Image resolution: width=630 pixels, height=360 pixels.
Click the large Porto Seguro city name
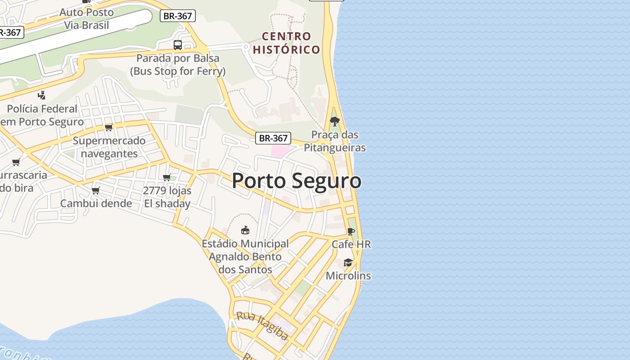pos(297,181)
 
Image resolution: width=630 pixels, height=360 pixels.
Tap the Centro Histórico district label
pos(286,43)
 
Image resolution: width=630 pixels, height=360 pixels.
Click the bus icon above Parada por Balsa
pos(178,45)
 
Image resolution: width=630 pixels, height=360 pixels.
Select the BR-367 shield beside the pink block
pos(273,138)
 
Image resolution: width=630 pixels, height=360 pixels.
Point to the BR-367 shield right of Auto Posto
pos(178,16)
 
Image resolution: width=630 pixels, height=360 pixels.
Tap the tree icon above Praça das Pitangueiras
pos(334,121)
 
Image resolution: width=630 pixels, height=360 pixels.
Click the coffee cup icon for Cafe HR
pos(351,232)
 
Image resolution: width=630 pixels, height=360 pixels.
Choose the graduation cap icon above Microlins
pos(348,262)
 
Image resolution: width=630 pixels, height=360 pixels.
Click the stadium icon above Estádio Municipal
pos(245,230)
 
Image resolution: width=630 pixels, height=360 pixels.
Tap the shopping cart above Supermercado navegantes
pos(108,127)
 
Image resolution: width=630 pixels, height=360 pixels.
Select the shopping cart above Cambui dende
pos(95,190)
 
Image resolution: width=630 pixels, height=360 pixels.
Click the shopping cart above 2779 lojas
pos(167,177)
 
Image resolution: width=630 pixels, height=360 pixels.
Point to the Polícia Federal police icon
pos(42,95)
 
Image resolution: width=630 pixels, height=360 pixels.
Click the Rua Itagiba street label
pos(262,325)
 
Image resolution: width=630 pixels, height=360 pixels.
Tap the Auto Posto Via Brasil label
pos(86,18)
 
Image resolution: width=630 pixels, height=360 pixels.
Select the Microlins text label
pos(348,275)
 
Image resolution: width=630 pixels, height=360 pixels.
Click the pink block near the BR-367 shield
pos(279,151)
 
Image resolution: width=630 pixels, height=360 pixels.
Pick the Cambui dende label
pos(96,203)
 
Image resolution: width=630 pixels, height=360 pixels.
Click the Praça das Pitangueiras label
pos(335,141)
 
